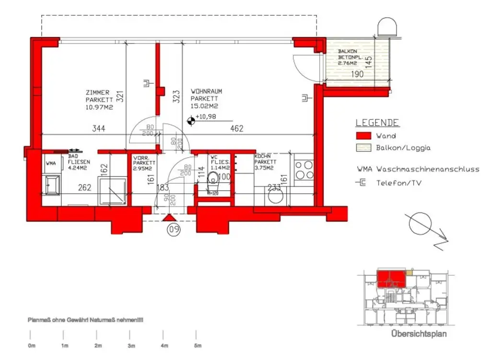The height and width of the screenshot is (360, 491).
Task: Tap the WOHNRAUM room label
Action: coord(206,91)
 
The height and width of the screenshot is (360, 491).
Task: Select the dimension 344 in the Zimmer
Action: coord(99,128)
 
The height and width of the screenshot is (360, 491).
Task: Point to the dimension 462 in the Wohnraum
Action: coord(237,128)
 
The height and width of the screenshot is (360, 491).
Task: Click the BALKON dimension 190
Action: coord(357,74)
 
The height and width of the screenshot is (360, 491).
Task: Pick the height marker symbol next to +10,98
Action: coord(190,122)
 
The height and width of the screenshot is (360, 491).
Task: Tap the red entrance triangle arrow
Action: coord(170,218)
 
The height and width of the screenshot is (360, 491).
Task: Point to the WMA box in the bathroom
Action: coord(50,163)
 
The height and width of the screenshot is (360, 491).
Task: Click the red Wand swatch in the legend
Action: coord(363,136)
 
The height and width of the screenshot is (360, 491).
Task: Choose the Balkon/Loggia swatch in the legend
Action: coord(363,148)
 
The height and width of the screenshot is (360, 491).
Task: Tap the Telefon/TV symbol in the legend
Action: coord(361,182)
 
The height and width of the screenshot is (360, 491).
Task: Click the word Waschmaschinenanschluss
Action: coord(428,169)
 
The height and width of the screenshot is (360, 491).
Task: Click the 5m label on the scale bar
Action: coord(197,346)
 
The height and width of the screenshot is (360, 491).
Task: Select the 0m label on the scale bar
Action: coord(32,346)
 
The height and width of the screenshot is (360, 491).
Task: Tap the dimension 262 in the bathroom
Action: coord(84,188)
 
